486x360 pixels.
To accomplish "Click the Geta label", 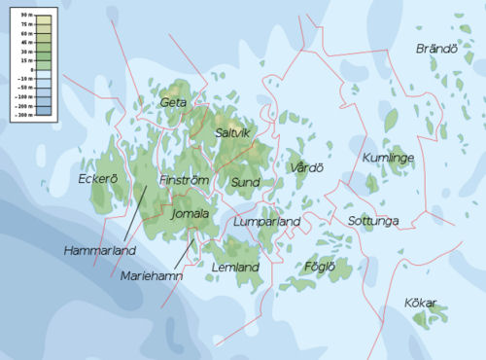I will pos(173,101).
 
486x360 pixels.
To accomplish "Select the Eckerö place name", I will pos(97,179).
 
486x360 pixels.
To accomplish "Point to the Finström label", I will pos(184,181).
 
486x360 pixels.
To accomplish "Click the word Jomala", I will pos(190,213).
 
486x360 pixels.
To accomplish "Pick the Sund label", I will pos(244,182).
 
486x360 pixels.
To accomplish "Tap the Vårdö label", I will pos(306,168).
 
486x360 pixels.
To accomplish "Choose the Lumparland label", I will pos(266,223).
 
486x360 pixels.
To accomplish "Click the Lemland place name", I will pos(235,267).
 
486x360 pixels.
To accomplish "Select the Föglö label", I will pos(319,266).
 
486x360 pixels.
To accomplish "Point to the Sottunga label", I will pos(373,222).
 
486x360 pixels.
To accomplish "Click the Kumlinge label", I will pos(388,158).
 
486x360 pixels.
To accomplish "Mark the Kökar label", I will pos(421,303).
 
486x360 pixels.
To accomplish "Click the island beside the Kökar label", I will pos(433,314).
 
